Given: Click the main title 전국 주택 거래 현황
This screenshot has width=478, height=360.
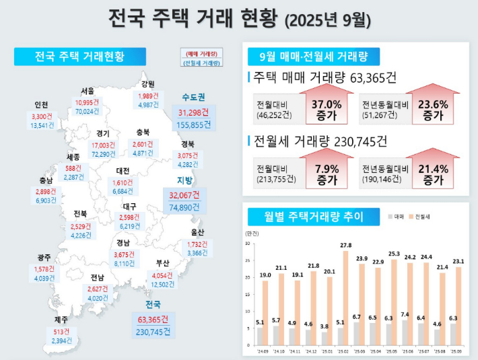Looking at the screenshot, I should pyautogui.click(x=239, y=20).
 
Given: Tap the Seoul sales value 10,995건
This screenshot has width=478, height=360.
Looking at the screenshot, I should pyautogui.click(x=87, y=102).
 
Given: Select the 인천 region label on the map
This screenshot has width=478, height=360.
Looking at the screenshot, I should pyautogui.click(x=41, y=105).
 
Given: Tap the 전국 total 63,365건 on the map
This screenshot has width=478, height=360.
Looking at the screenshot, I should pyautogui.click(x=152, y=318).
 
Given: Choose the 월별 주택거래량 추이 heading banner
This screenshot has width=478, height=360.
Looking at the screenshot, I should pyautogui.click(x=306, y=217).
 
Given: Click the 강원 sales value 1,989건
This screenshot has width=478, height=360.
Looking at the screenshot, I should pyautogui.click(x=147, y=95).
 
